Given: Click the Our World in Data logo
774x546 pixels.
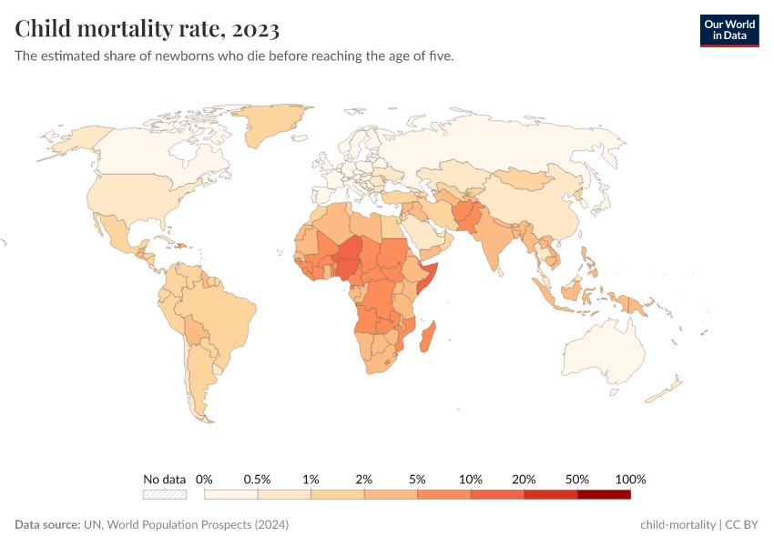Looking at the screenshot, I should (x=729, y=30).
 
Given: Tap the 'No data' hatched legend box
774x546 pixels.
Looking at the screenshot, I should (x=164, y=494).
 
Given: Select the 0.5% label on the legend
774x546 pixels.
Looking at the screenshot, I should (x=258, y=479).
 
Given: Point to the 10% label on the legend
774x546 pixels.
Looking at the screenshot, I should (x=471, y=479).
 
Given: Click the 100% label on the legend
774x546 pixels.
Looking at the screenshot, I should (x=630, y=479).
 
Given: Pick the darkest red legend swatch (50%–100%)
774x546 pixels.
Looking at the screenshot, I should (x=604, y=494).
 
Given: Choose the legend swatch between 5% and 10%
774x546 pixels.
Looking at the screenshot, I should (x=444, y=494).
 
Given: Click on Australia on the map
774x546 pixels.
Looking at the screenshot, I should (x=605, y=350).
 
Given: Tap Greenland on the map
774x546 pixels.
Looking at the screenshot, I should (x=273, y=127).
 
